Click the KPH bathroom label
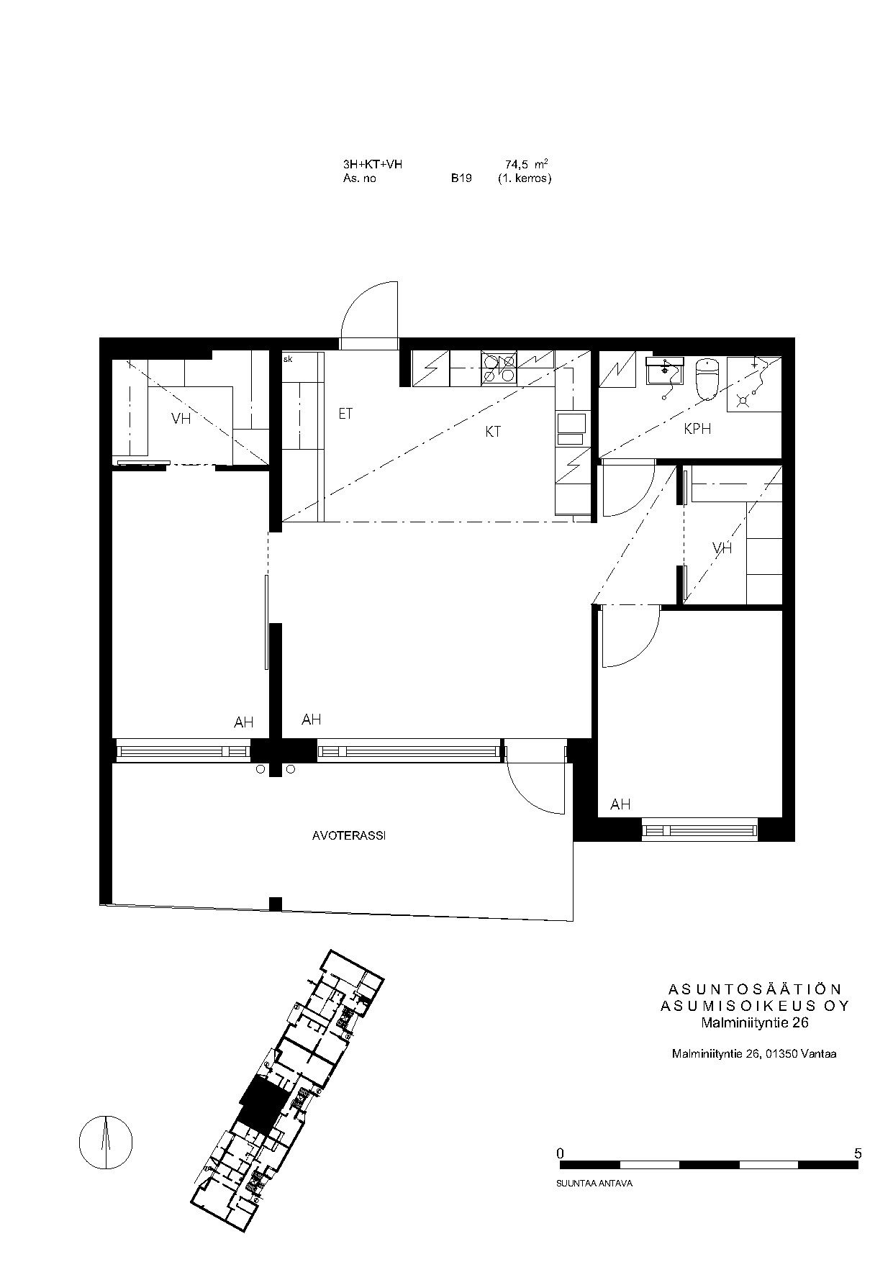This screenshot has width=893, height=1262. click(x=697, y=429)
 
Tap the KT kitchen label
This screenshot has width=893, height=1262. click(x=493, y=432)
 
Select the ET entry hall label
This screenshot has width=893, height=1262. click(x=345, y=414)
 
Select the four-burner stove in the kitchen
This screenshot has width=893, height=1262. click(x=498, y=368)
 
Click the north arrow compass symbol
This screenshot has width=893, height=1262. click(x=106, y=1142)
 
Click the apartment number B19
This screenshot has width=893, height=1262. click(x=461, y=178)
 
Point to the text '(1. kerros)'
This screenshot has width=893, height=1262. click(x=524, y=178)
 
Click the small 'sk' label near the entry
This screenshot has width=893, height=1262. click(x=288, y=358)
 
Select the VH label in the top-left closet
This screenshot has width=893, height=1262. click(x=181, y=418)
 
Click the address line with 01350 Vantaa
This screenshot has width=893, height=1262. click(x=754, y=1054)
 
